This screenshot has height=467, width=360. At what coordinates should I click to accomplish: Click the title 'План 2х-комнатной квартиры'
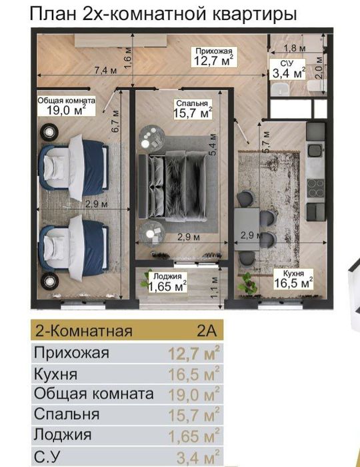pyautogui.click(x=163, y=14)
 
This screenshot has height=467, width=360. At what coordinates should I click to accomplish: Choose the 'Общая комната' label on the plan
pyautogui.click(x=66, y=100)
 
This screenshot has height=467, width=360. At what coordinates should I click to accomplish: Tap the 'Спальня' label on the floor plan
pyautogui.click(x=191, y=103)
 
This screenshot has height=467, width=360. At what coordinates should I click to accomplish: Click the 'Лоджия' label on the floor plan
pyautogui.click(x=166, y=277)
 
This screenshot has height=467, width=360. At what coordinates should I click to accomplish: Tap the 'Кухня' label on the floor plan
pyautogui.click(x=293, y=274)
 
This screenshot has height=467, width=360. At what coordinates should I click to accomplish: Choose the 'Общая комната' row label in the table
pyautogui.click(x=93, y=394)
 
